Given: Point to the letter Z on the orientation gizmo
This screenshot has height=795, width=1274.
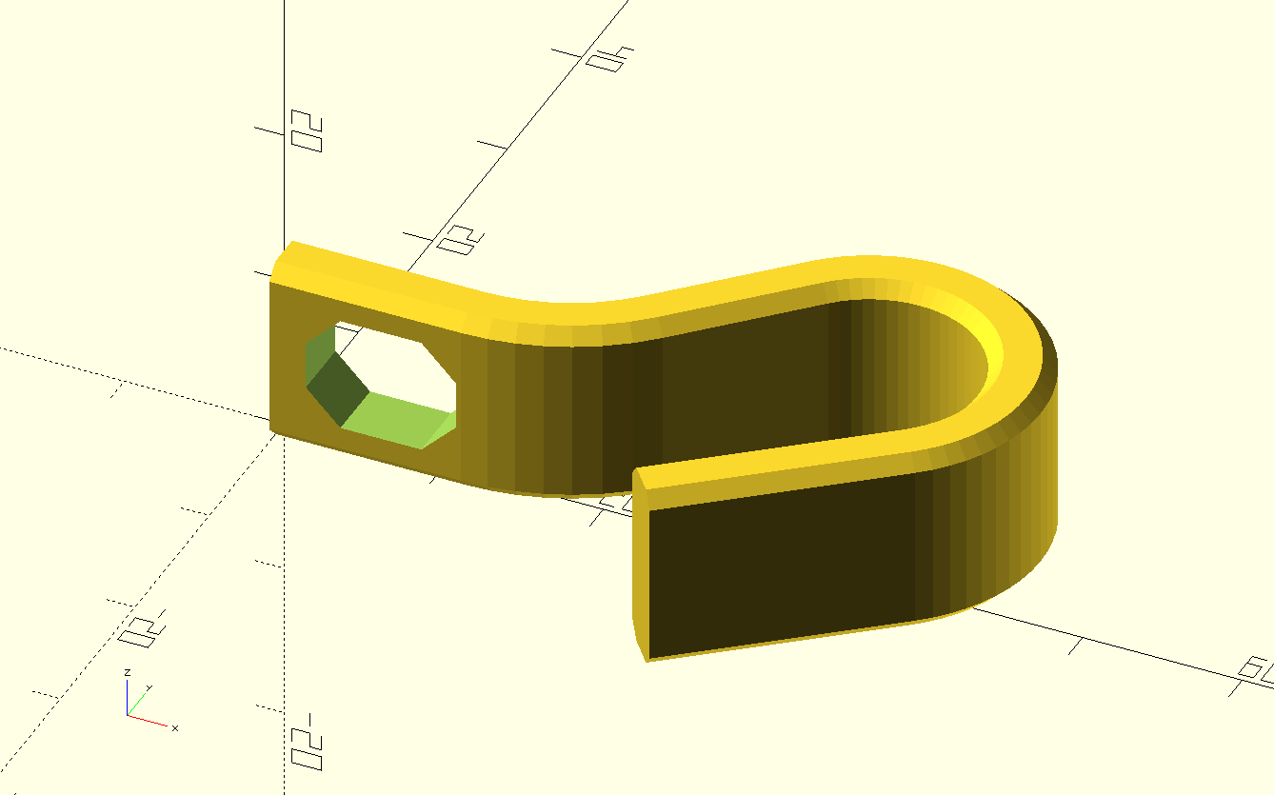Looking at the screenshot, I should [x=127, y=672].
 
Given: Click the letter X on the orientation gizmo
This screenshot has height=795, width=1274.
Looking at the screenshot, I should [x=175, y=728].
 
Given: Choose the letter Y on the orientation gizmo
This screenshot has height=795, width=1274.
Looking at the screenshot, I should [x=149, y=687].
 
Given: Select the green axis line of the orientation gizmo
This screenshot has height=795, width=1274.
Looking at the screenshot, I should [x=137, y=706].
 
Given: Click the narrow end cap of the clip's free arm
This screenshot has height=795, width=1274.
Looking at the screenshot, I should [x=640, y=562].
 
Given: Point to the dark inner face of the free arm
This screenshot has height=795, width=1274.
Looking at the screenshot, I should [x=781, y=571].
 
